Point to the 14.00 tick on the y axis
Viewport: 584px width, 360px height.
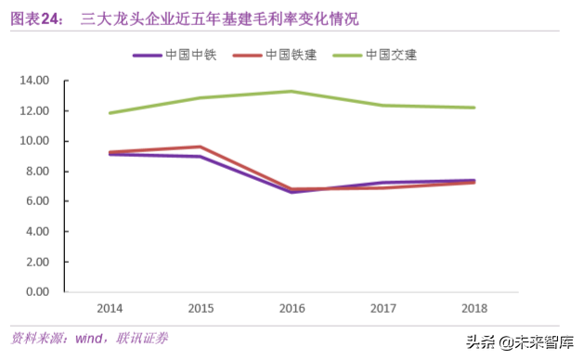pyautogui.click(x=33, y=81)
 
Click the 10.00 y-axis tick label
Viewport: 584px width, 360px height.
pyautogui.click(x=33, y=141)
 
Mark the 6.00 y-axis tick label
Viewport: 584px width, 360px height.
pyautogui.click(x=33, y=201)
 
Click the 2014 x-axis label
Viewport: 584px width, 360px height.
pyautogui.click(x=110, y=307)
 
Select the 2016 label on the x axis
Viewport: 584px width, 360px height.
pyautogui.click(x=292, y=307)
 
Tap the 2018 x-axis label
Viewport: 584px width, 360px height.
pyautogui.click(x=474, y=307)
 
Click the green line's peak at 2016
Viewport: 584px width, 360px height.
pyautogui.click(x=292, y=91)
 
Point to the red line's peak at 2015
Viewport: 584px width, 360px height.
pyautogui.click(x=201, y=147)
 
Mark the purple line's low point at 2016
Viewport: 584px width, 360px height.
pyautogui.click(x=292, y=192)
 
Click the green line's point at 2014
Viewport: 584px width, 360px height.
pyautogui.click(x=110, y=113)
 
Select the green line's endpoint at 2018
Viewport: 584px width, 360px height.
pyautogui.click(x=474, y=108)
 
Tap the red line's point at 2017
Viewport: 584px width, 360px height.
pyautogui.click(x=383, y=188)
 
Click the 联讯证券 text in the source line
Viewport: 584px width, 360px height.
pyautogui.click(x=143, y=338)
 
